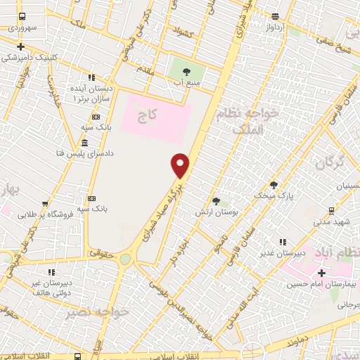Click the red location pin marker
tap(181, 165)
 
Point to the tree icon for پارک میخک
tap(274, 185)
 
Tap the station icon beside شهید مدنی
tap(331, 210)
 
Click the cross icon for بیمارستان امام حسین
tap(322, 273)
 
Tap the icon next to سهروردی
tap(22, 16)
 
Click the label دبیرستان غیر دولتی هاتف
tap(50, 287)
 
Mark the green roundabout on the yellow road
tap(125, 259)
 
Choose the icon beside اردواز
tap(275, 17)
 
